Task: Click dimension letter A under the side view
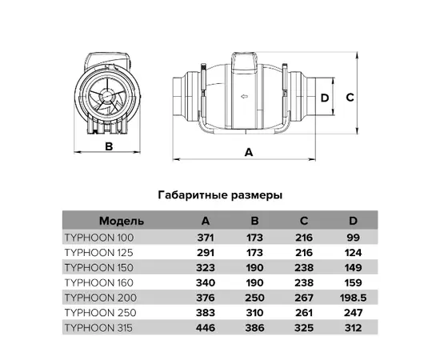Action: (249, 152)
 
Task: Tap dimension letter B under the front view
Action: (109, 146)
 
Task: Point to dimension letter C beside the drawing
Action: (350, 98)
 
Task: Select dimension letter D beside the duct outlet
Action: (325, 98)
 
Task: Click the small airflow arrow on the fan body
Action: (244, 97)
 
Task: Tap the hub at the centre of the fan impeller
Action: (106, 95)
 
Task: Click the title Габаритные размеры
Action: (220, 195)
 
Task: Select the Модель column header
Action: (122, 221)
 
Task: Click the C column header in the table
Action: (304, 221)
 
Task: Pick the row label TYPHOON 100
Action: (99, 238)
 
